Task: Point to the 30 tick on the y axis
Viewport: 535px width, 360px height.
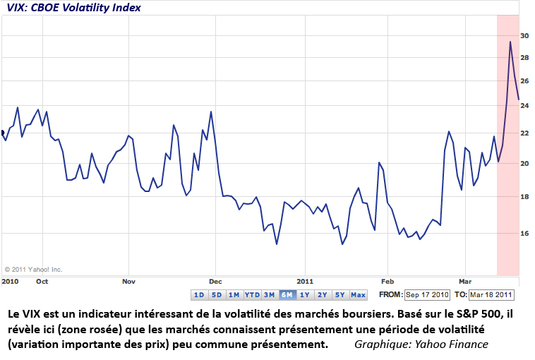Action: [524, 35]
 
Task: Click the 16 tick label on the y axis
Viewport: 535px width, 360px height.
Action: [524, 233]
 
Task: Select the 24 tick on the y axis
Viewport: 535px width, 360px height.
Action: [524, 106]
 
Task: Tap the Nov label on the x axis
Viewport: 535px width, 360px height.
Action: [128, 280]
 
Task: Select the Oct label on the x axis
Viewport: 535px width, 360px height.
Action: [42, 280]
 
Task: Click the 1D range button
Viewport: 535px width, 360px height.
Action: [199, 294]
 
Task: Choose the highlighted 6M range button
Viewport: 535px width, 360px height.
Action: [287, 294]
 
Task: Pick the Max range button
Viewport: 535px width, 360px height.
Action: [358, 294]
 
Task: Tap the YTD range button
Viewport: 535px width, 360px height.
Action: [252, 294]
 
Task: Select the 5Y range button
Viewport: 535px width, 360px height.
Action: [339, 294]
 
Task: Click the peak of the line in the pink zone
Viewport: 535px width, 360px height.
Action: [510, 42]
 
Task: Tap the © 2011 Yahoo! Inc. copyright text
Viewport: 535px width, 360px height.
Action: [34, 269]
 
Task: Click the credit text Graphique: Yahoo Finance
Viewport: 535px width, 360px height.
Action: [421, 344]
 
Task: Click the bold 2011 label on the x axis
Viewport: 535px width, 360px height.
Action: [305, 280]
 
